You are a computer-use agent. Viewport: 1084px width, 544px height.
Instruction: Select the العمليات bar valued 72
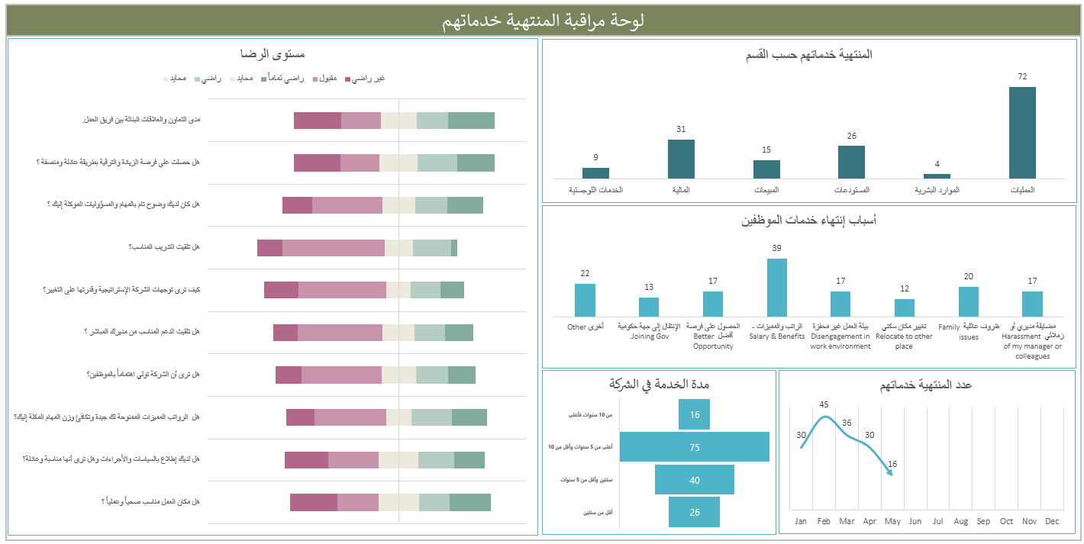coord(1022,133)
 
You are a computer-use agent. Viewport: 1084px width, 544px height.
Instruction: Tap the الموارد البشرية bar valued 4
coord(937,176)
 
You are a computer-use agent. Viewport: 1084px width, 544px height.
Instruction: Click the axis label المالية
coord(680,189)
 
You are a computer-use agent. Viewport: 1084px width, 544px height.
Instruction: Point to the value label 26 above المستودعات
coord(851,137)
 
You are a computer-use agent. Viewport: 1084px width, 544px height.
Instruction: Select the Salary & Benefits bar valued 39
coord(776,288)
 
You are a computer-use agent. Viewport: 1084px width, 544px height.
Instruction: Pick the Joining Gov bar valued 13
coord(649,307)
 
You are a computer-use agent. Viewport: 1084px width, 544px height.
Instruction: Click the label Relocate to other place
coord(904,341)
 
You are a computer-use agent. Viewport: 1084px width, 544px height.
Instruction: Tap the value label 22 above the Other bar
coord(585,274)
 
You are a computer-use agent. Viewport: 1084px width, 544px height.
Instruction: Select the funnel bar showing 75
coord(694,447)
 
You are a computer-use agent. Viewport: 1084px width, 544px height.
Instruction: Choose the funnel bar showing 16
coord(694,414)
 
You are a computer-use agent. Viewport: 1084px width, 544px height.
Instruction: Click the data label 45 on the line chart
coord(824,404)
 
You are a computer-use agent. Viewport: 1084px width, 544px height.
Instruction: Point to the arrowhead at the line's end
coord(890,473)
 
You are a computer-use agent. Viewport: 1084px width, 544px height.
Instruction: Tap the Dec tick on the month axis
coord(1052,521)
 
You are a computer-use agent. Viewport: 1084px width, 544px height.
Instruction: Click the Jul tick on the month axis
coord(937,521)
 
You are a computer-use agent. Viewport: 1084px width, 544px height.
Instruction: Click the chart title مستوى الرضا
coord(273,54)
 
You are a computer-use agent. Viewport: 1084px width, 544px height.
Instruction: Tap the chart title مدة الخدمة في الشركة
coord(659,384)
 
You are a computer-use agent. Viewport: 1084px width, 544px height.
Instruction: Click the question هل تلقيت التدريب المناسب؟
coord(164,247)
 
